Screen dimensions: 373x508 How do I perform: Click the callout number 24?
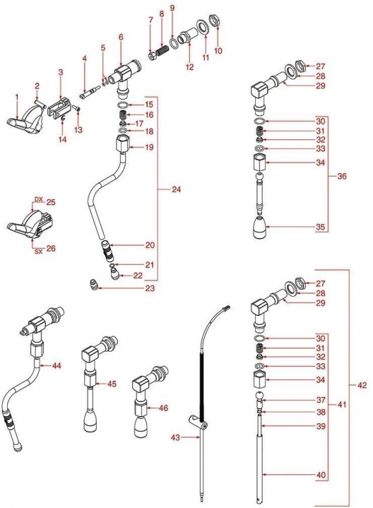click(x=177, y=189)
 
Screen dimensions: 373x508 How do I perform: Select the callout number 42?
click(x=362, y=385)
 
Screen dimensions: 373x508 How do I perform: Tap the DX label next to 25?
click(x=39, y=199)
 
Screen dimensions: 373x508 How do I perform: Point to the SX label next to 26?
click(x=39, y=252)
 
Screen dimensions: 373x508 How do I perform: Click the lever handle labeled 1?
click(x=25, y=121)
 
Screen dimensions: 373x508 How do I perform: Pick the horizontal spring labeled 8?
click(x=164, y=51)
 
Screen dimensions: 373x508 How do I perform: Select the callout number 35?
click(x=320, y=227)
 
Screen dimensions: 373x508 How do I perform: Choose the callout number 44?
click(x=57, y=365)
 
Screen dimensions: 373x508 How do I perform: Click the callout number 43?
click(x=175, y=437)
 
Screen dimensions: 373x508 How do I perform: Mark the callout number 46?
click(x=164, y=408)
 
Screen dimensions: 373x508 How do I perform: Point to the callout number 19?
click(x=149, y=148)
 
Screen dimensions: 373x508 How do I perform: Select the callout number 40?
click(x=321, y=475)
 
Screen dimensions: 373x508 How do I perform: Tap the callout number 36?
click(x=342, y=176)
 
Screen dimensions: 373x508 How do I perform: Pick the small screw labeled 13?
click(x=76, y=109)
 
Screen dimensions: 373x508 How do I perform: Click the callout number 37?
click(x=321, y=400)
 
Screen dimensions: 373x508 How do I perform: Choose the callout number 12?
click(x=189, y=66)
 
